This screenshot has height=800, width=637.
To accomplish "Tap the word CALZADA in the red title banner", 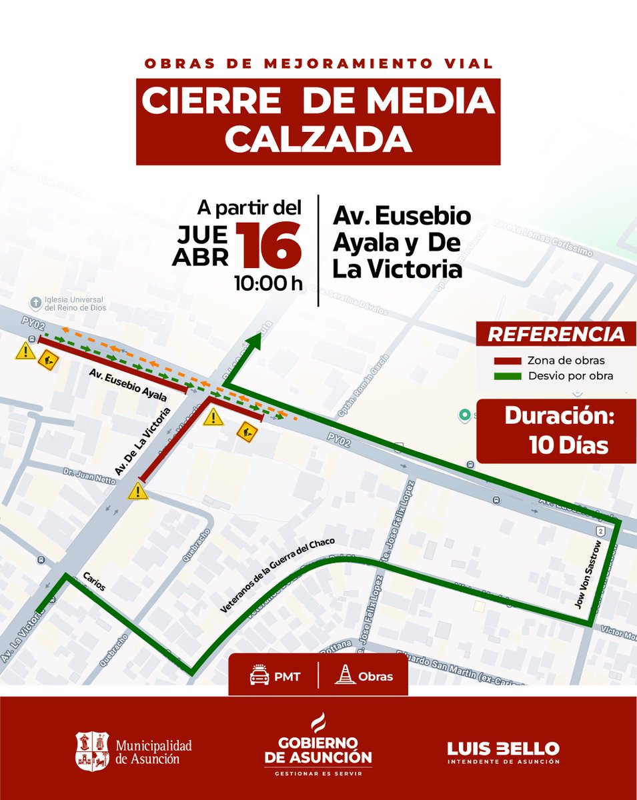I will point(317,139).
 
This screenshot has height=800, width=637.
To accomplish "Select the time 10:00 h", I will point(267,283).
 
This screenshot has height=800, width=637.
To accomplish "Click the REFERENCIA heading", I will point(556,335).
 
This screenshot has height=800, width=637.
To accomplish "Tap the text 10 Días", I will point(568,445).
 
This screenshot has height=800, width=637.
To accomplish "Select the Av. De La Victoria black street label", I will point(143,441).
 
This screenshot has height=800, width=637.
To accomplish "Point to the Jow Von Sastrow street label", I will point(589,575).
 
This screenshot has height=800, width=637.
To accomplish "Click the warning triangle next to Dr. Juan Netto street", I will point(138,492).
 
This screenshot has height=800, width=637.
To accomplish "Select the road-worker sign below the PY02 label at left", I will point(48,361).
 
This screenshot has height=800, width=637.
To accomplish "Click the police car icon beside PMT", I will point(259,676).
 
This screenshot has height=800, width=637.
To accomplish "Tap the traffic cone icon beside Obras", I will point(345,676).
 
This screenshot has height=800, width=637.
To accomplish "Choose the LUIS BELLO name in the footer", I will point(504,748).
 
